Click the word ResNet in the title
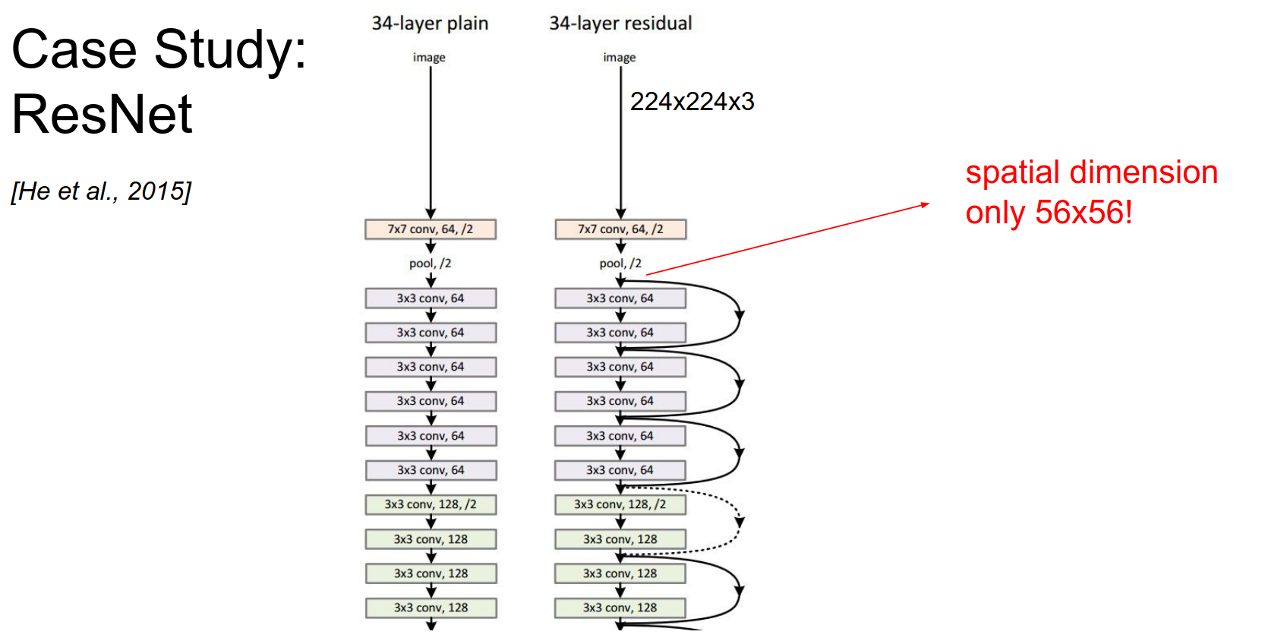pyautogui.click(x=102, y=114)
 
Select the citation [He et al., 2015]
pyautogui.click(x=101, y=191)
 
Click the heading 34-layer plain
pyautogui.click(x=430, y=24)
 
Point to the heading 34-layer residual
pyautogui.click(x=620, y=24)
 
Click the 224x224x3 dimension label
pyautogui.click(x=692, y=102)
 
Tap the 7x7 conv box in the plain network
pyautogui.click(x=431, y=229)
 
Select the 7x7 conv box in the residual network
pyautogui.click(x=620, y=229)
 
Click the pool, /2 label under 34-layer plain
pyautogui.click(x=430, y=264)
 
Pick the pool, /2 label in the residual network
pyautogui.click(x=620, y=264)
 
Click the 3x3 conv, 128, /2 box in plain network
pyautogui.click(x=431, y=504)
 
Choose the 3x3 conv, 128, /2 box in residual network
pyautogui.click(x=620, y=504)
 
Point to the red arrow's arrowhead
pyautogui.click(x=925, y=204)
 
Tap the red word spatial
pyautogui.click(x=1013, y=172)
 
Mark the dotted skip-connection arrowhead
pyautogui.click(x=740, y=523)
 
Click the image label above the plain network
pyautogui.click(x=429, y=58)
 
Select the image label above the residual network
pyautogui.click(x=620, y=58)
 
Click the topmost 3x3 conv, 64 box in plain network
pyautogui.click(x=431, y=298)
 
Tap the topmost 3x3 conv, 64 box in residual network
pyautogui.click(x=620, y=298)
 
